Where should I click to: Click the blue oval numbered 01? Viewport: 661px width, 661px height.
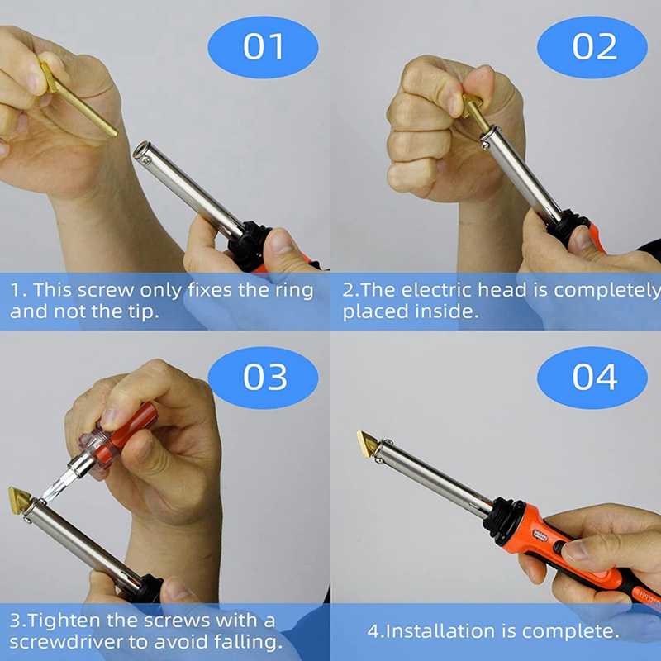(263, 47)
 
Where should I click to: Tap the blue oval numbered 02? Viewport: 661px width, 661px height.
(592, 47)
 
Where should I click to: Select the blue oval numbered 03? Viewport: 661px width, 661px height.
(263, 378)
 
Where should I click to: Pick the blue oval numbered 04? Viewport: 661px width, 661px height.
(592, 378)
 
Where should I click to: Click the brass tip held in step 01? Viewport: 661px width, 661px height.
(78, 99)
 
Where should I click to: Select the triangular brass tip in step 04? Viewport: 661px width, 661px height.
(368, 444)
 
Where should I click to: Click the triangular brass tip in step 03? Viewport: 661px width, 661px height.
(19, 500)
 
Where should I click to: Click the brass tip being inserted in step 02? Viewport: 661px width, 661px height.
(476, 112)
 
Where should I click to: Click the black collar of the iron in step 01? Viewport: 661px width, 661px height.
(248, 245)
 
